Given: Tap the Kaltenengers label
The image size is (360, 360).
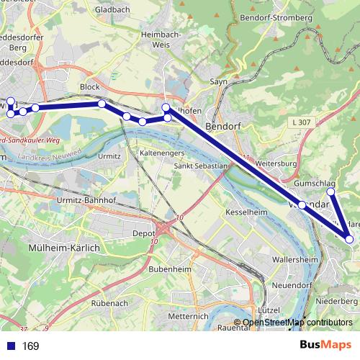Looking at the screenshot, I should point(162,153).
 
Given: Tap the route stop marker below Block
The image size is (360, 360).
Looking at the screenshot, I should point(102,104).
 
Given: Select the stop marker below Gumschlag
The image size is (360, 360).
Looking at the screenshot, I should point(331,192).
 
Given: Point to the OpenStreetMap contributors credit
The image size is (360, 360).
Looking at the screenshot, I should point(297,323).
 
